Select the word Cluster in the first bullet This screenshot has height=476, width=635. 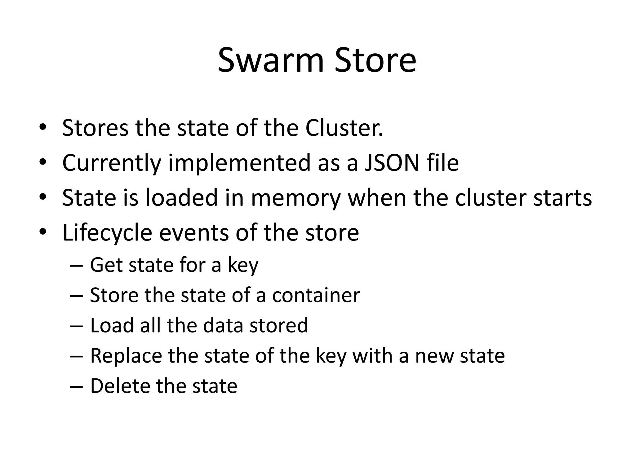344,128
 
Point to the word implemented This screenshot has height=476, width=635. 239,163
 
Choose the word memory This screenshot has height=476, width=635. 295,198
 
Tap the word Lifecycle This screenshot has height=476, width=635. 107,233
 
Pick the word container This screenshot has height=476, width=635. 316,295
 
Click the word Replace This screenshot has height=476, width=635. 126,356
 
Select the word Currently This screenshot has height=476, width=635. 112,163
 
